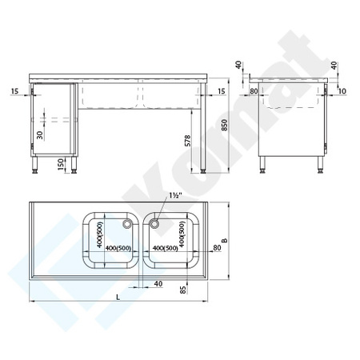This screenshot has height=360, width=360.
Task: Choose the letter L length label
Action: pyautogui.click(x=119, y=298)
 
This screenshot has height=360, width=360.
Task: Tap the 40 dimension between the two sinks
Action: pyautogui.click(x=158, y=284)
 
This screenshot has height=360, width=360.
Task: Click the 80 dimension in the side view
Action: pyautogui.click(x=254, y=91)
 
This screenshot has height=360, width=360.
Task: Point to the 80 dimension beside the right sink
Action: pyautogui.click(x=217, y=247)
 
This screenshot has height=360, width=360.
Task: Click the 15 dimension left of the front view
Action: pyautogui.click(x=16, y=92)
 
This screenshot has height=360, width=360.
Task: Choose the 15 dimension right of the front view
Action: pyautogui.click(x=222, y=92)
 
